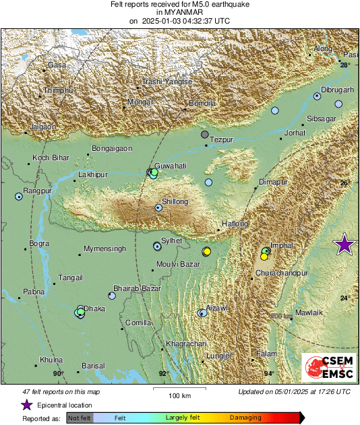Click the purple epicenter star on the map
(x=344, y=245)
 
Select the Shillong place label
(x=175, y=201)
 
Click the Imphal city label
(x=280, y=246)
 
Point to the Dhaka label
(x=94, y=308)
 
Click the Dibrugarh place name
(x=337, y=90)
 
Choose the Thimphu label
(x=57, y=90)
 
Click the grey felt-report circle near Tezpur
(x=205, y=135)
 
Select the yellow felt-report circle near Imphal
(x=264, y=257)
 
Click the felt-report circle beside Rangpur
(x=18, y=197)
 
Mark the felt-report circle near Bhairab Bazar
(x=111, y=295)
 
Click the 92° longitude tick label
(x=162, y=373)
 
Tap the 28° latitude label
(x=344, y=65)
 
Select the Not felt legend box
(x=80, y=418)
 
